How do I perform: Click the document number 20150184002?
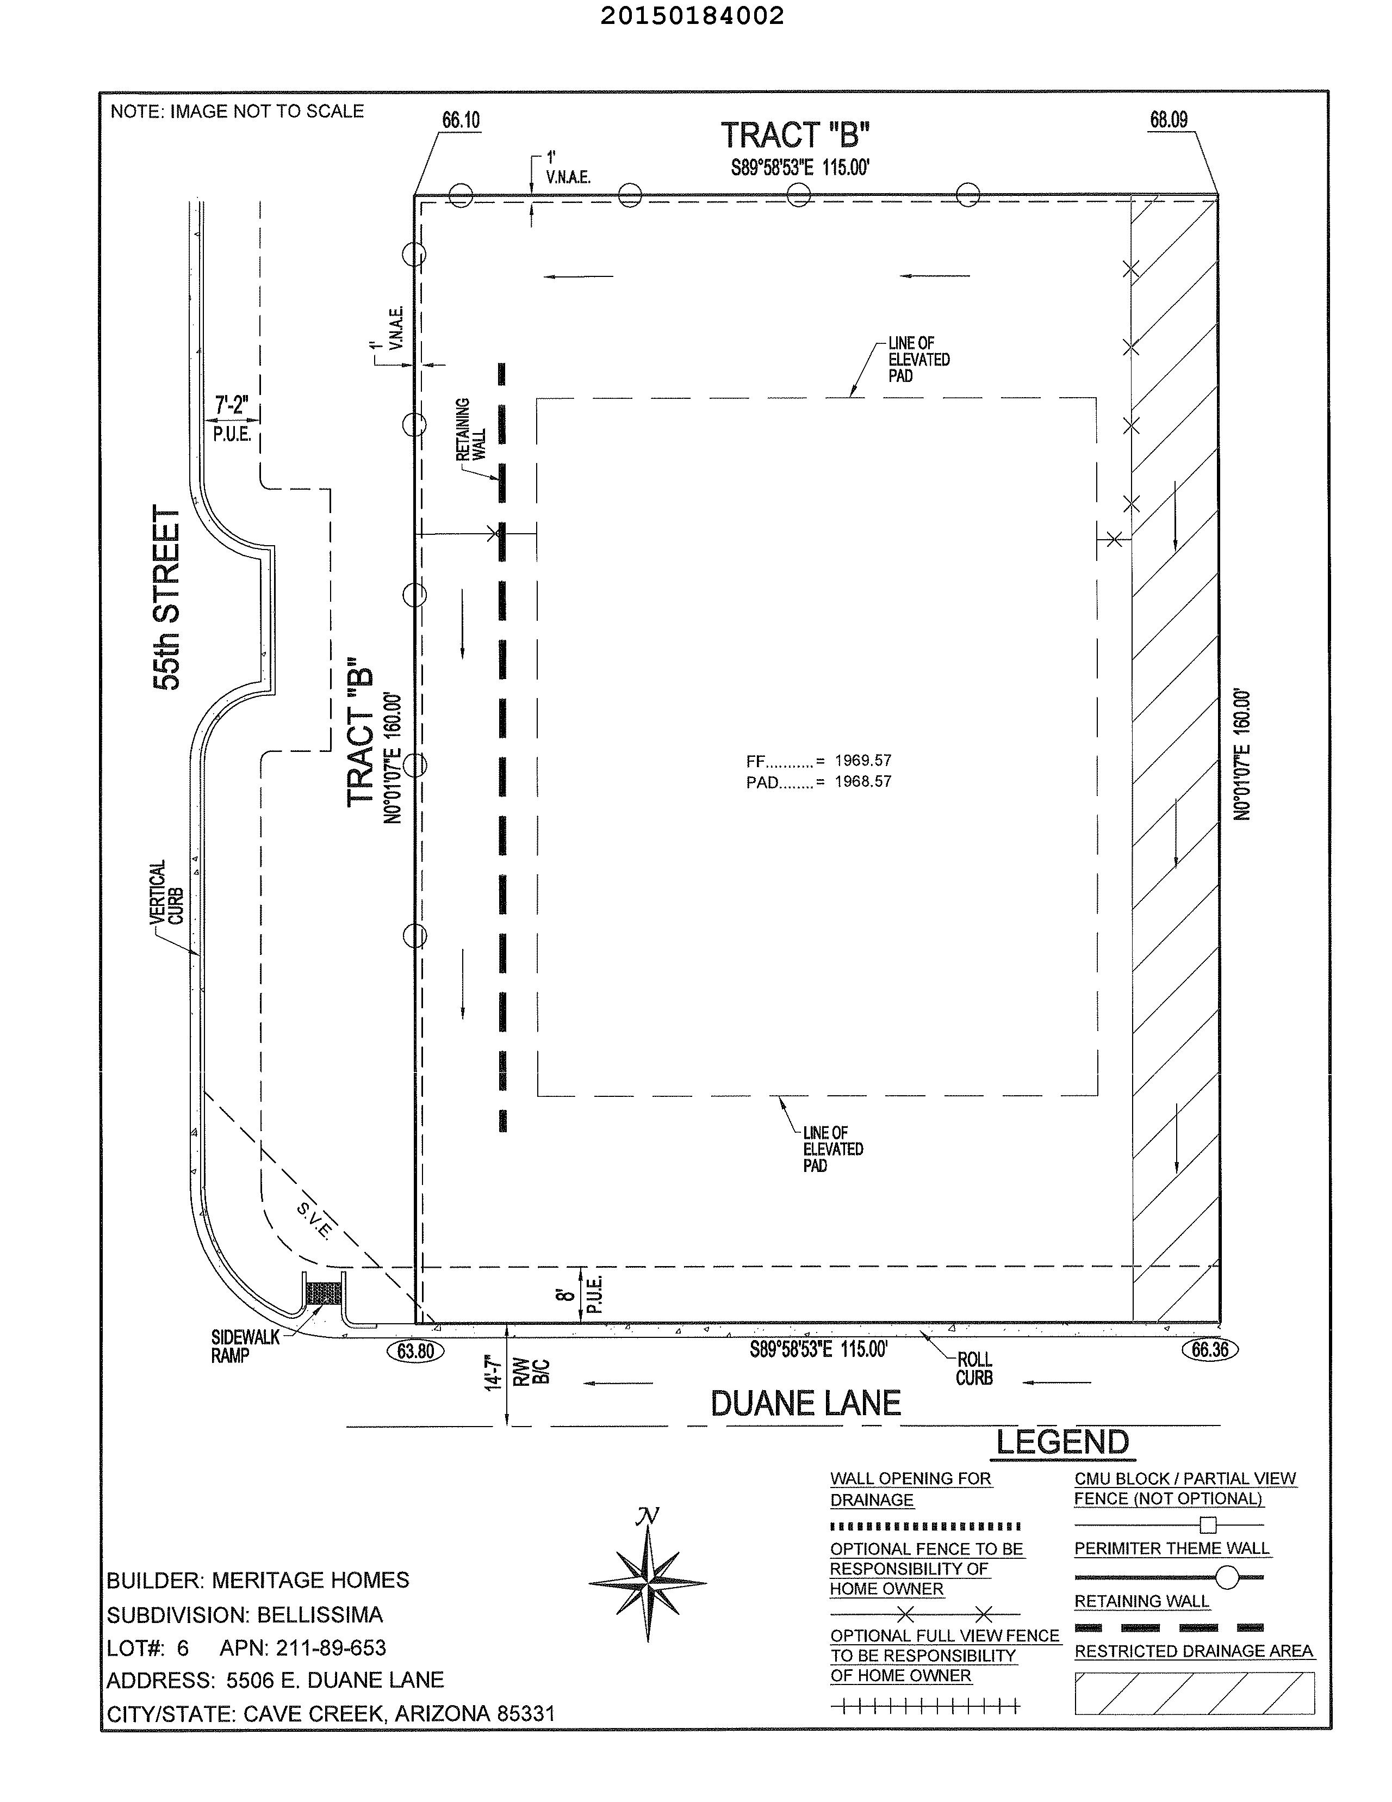coord(692,16)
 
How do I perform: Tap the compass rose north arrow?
coord(648,1583)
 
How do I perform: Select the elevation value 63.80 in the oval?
coord(415,1350)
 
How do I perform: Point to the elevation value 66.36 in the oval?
coord(1210,1349)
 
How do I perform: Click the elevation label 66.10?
coord(460,120)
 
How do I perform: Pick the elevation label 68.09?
coord(1169,120)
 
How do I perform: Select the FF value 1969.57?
coord(862,760)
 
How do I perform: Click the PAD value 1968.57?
coord(862,781)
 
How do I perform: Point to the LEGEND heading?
coord(1062,1443)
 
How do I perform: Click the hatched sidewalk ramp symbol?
coord(324,1292)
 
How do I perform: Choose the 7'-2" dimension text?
coord(232,405)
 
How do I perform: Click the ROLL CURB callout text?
coord(974,1369)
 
